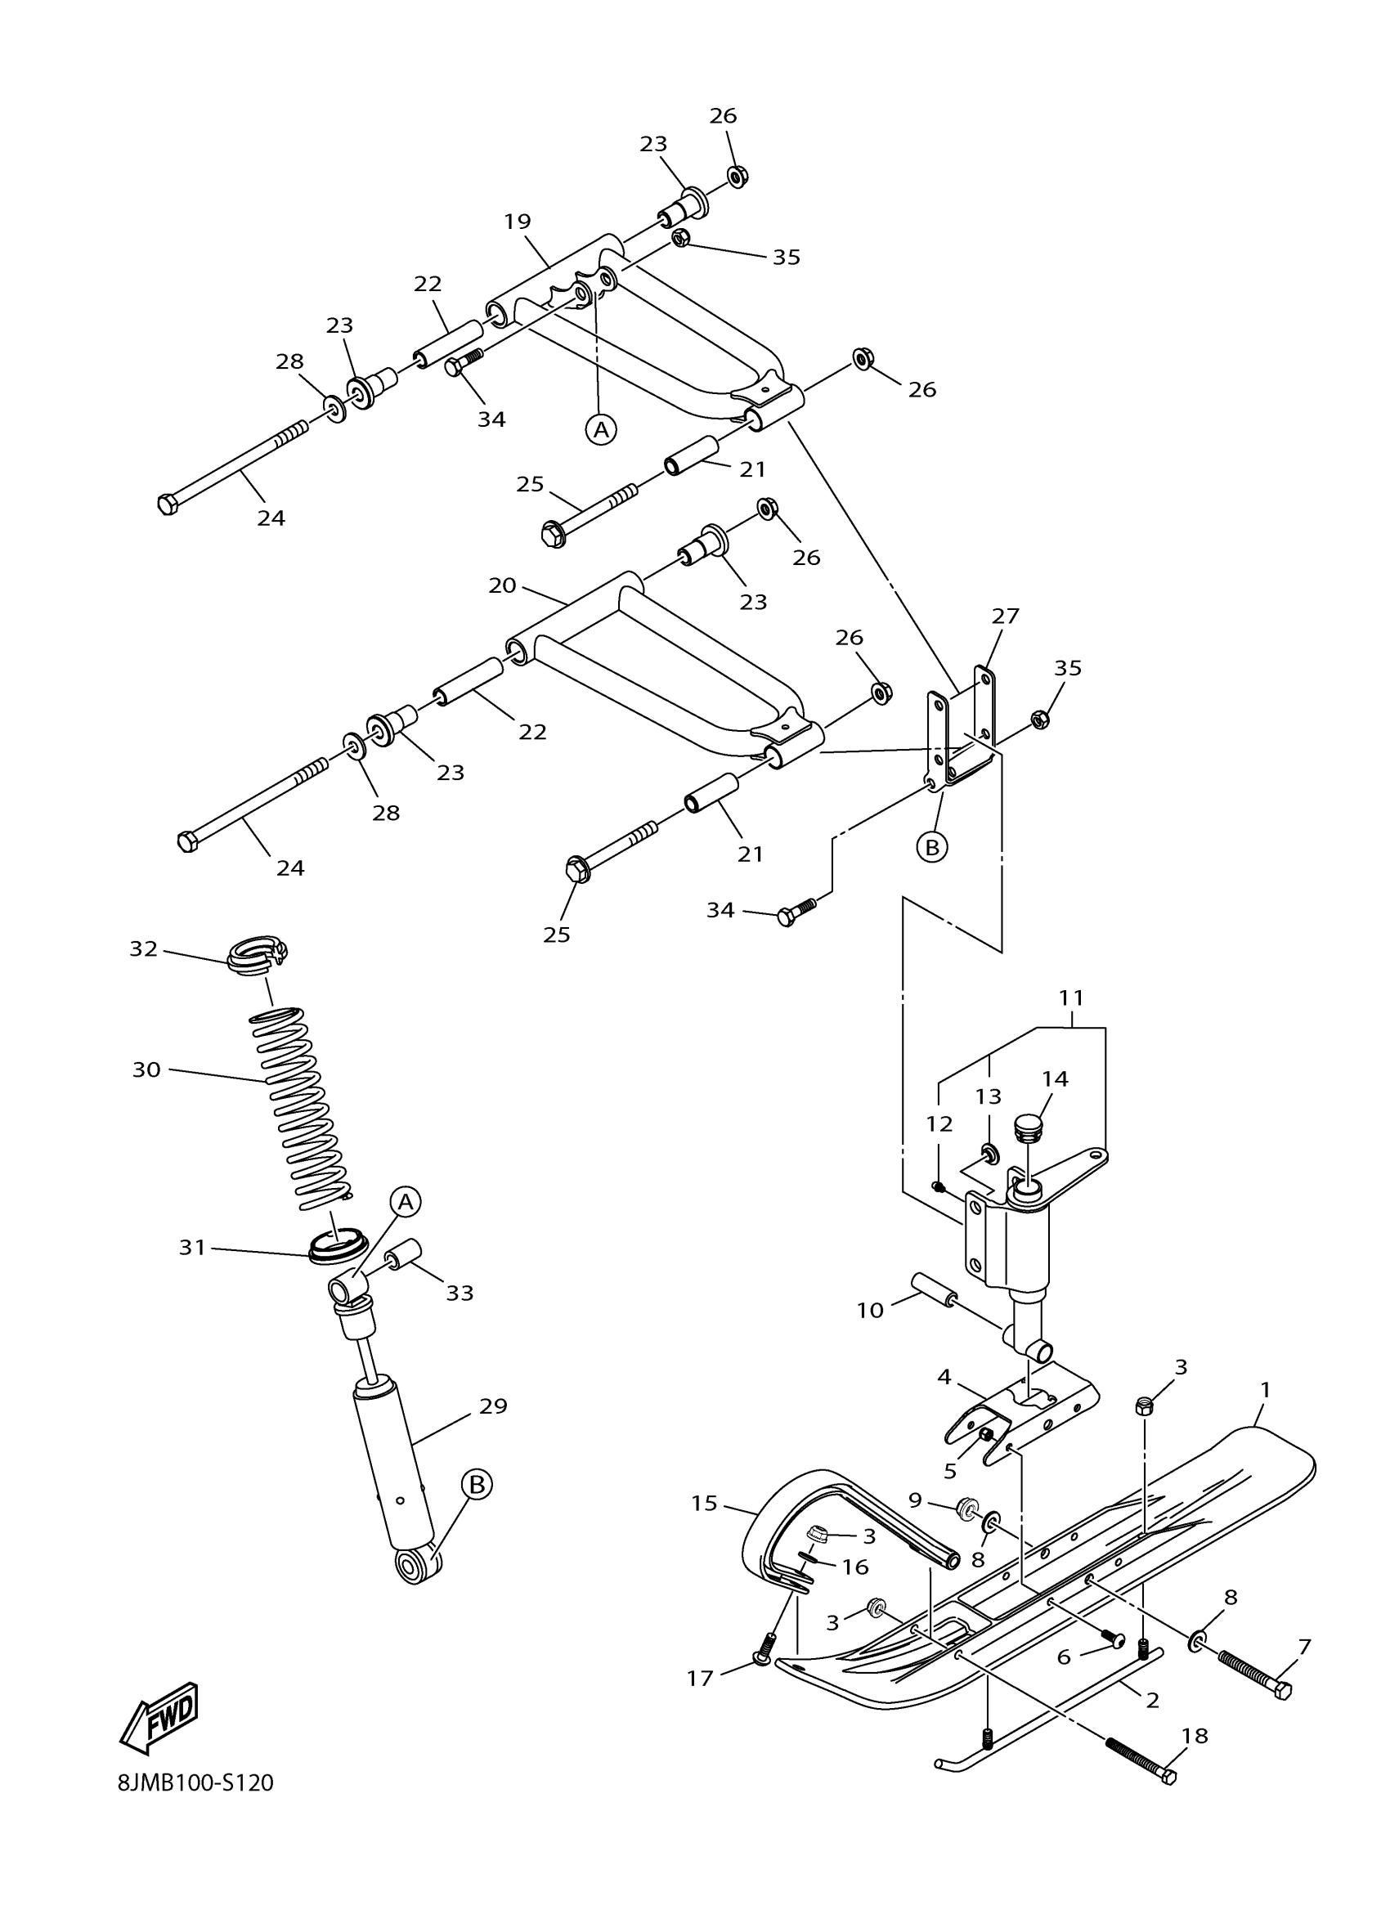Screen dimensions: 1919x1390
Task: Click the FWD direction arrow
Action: [x=160, y=1718]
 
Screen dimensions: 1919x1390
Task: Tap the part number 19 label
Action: [x=517, y=222]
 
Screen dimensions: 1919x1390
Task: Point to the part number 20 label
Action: [x=502, y=585]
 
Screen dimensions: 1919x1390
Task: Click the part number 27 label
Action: [x=1005, y=616]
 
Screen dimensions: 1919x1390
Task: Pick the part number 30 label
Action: [x=146, y=1069]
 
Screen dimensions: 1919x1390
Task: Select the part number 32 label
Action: [x=143, y=948]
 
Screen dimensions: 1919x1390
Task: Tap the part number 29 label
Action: [x=493, y=1406]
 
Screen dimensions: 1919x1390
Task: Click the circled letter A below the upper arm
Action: [x=601, y=430]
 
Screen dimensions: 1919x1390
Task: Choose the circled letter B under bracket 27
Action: [x=932, y=847]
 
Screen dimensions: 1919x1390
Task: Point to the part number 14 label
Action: [x=1055, y=1078]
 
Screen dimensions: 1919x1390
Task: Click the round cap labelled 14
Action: [x=1029, y=1128]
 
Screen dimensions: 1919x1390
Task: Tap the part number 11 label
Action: [x=1071, y=998]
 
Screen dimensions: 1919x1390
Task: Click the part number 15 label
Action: [x=704, y=1503]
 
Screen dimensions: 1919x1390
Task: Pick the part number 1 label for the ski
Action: [x=1266, y=1389]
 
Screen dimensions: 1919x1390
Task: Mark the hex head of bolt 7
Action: [x=1284, y=1692]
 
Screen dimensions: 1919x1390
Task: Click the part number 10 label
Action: [x=870, y=1310]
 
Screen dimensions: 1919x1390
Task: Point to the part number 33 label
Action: [x=460, y=1293]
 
